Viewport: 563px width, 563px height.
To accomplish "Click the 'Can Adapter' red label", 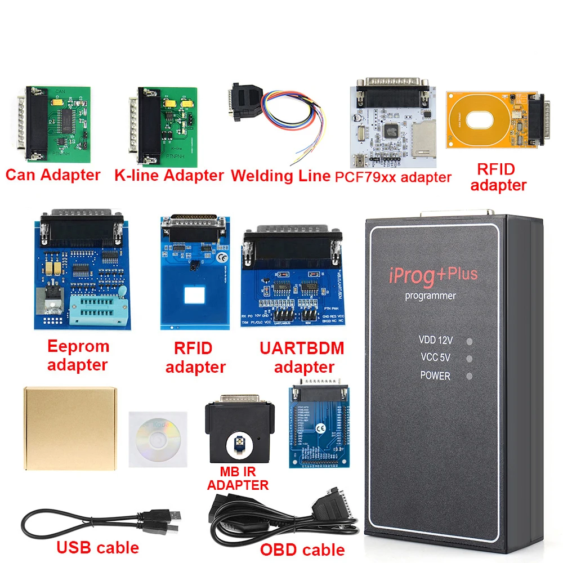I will [52, 175].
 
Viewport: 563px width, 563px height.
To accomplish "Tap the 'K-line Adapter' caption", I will [168, 175].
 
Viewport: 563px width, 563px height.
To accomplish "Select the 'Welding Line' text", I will [280, 175].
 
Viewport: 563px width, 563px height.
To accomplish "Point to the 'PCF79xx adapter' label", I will [393, 177].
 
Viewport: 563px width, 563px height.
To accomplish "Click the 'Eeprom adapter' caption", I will [78, 355].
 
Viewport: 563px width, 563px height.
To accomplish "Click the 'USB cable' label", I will [97, 547].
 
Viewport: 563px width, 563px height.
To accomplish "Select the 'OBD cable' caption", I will [302, 548].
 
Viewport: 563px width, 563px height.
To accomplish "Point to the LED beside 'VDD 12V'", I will [469, 341].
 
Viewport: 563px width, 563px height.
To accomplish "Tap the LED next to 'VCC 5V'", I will [469, 358].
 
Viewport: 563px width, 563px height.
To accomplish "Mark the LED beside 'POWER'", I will [469, 376].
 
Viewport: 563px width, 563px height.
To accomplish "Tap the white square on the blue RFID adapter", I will [194, 295].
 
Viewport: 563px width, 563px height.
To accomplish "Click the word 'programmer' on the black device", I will [431, 296].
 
